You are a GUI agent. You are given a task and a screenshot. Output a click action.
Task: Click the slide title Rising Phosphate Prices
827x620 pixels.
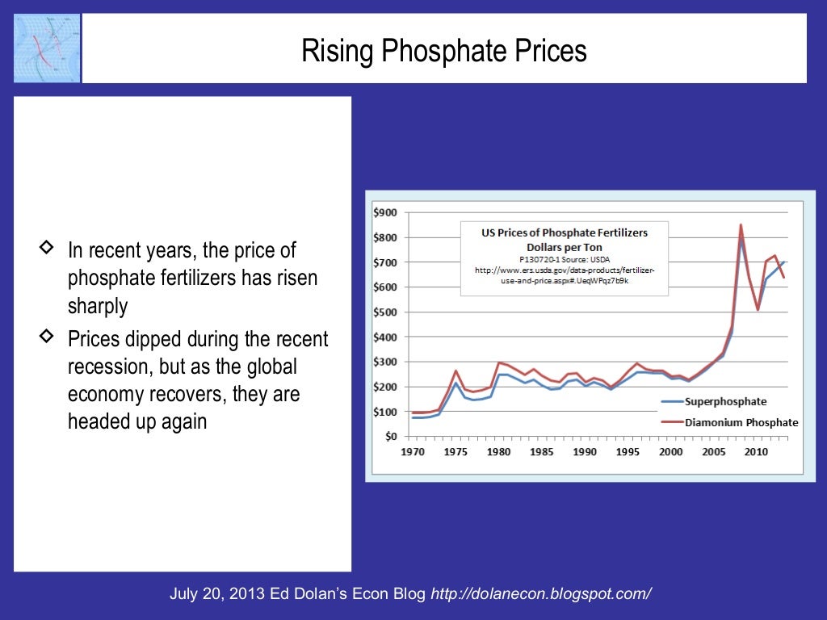coord(444,52)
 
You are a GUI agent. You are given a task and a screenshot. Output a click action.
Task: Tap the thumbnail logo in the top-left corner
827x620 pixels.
coord(47,48)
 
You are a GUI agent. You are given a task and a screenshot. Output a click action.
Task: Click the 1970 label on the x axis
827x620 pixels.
coord(413,452)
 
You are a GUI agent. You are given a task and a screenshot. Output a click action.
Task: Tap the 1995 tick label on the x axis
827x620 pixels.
coord(628,452)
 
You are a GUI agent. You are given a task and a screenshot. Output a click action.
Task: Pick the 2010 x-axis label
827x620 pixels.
coord(756,452)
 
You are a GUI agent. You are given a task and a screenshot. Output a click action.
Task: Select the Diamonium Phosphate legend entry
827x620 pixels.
coord(741,422)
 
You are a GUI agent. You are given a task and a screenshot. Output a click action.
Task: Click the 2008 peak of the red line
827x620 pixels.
coord(741,225)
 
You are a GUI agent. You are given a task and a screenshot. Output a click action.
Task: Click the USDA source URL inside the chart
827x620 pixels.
coord(565,274)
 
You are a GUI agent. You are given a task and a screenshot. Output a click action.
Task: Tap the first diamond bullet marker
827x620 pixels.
coord(47,246)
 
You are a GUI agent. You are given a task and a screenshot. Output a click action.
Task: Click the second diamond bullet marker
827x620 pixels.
coord(47,334)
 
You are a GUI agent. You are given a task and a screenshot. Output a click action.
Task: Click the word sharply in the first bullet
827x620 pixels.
coord(98,307)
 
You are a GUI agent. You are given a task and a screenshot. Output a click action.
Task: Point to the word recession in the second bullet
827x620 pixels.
coord(106,367)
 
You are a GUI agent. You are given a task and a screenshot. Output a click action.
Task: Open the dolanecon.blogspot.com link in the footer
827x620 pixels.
coord(541,594)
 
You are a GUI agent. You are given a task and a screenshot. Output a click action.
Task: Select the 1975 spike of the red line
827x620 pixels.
coord(456,371)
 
